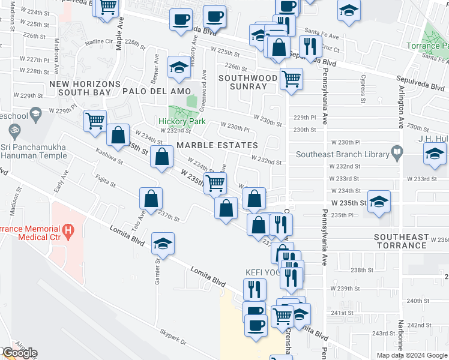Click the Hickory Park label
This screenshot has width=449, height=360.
click(x=182, y=121)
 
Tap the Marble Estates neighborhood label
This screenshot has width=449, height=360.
click(x=217, y=145)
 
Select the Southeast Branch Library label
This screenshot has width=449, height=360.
click(x=343, y=154)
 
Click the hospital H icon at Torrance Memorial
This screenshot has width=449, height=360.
click(x=68, y=229)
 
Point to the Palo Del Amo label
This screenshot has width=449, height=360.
click(x=152, y=91)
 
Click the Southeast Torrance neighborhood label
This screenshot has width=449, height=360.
click(x=402, y=241)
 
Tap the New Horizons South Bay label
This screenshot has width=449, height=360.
click(x=80, y=88)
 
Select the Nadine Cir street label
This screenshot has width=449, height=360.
click(x=99, y=42)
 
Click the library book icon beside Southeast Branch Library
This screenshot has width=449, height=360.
click(x=396, y=151)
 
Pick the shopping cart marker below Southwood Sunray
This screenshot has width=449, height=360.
click(x=291, y=78)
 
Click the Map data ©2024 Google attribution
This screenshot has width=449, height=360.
click(x=412, y=355)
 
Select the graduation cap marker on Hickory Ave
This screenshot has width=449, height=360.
click(x=179, y=69)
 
